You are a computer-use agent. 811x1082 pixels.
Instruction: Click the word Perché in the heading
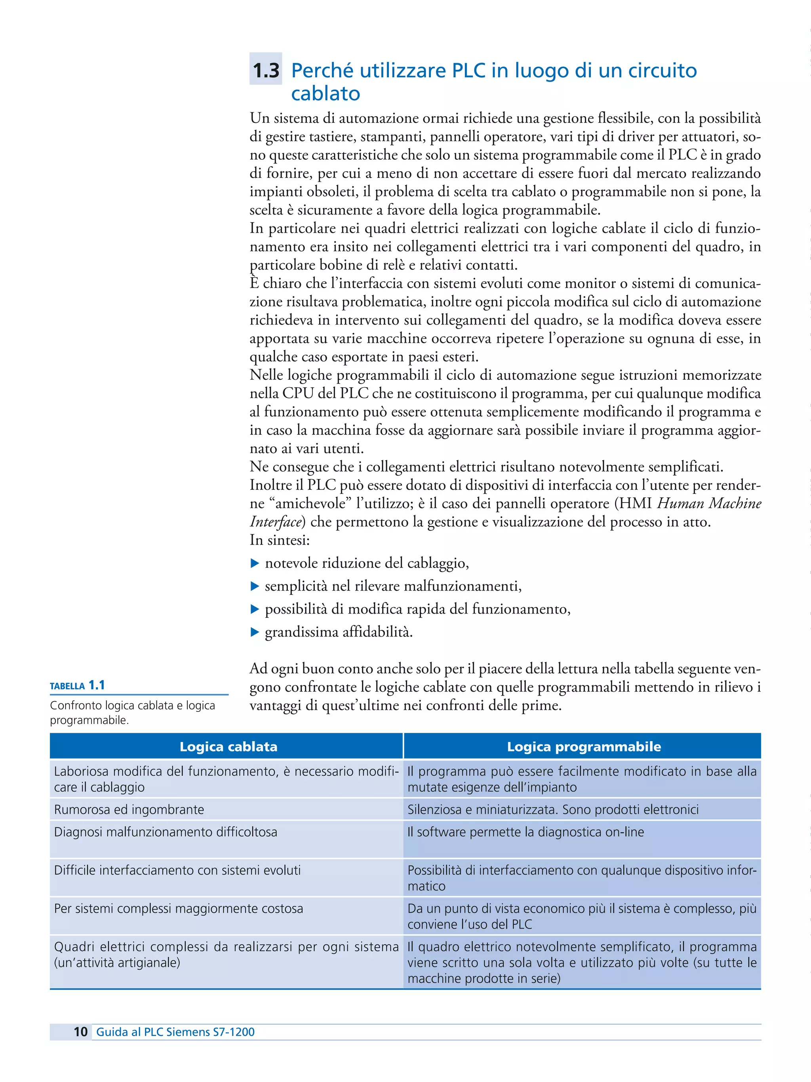coord(322,71)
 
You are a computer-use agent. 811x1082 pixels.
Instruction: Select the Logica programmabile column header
coord(583,746)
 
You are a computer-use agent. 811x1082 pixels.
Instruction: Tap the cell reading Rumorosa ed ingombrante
coord(129,810)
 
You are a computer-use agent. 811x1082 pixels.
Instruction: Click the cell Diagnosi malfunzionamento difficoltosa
coord(166,832)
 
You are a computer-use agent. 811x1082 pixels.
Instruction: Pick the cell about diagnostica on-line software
coord(525,832)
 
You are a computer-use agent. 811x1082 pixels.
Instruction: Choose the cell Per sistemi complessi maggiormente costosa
coord(179,908)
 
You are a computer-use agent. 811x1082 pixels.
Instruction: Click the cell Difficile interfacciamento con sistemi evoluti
coord(177,870)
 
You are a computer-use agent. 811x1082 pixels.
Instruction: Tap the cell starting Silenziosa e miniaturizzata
coord(552,810)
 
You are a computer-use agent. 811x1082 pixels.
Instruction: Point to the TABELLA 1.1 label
coord(77,685)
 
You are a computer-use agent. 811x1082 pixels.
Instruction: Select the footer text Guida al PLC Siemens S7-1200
coord(175,1032)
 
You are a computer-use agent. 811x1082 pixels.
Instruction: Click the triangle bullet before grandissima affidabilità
coord(254,632)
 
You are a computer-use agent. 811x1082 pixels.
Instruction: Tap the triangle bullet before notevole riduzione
coord(254,563)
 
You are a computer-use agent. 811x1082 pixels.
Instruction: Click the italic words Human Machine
coord(709,503)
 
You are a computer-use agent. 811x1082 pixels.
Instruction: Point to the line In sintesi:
coord(279,540)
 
